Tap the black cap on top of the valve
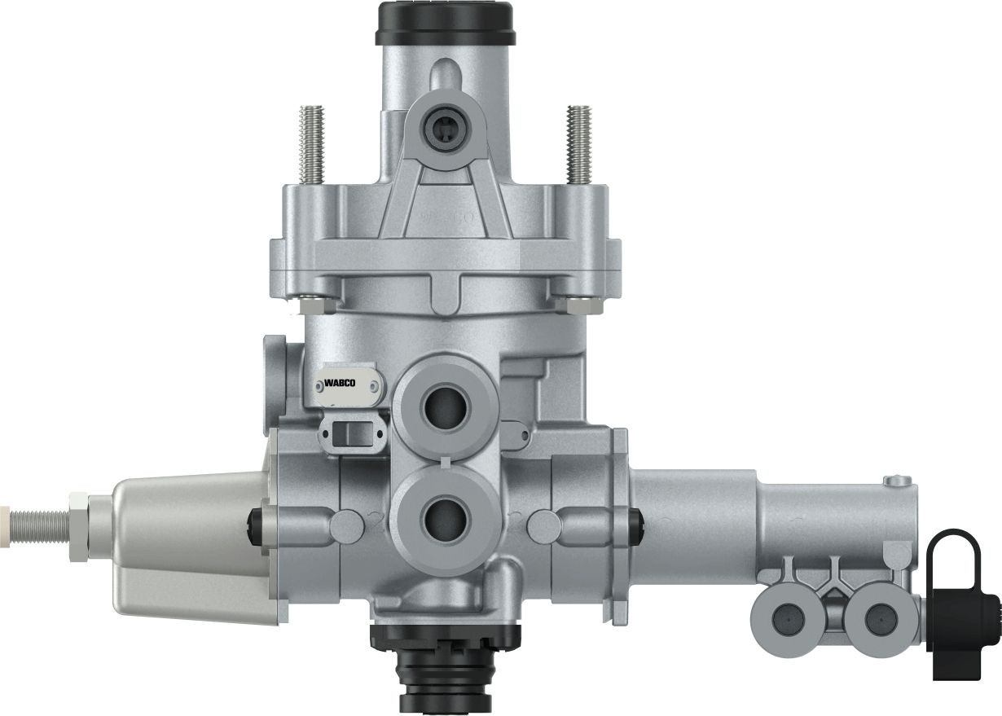pyautogui.click(x=444, y=22)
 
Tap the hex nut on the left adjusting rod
pyautogui.click(x=79, y=525)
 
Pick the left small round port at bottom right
pyautogui.click(x=786, y=620)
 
